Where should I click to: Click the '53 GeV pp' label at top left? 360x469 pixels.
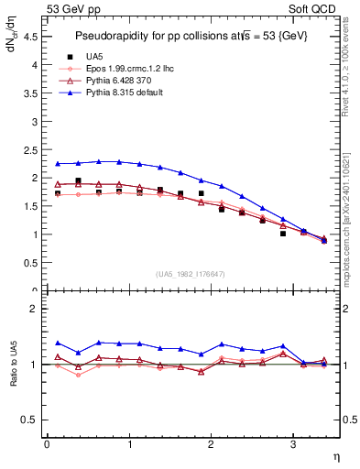[72, 10]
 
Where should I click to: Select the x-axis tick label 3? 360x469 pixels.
[292, 444]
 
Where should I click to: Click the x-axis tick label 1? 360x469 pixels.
[128, 444]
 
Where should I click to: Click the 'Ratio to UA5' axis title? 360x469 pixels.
[13, 377]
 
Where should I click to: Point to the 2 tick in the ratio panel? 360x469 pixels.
[34, 310]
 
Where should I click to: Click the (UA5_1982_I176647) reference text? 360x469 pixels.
[192, 273]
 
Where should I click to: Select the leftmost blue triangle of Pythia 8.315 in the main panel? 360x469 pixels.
[57, 164]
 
